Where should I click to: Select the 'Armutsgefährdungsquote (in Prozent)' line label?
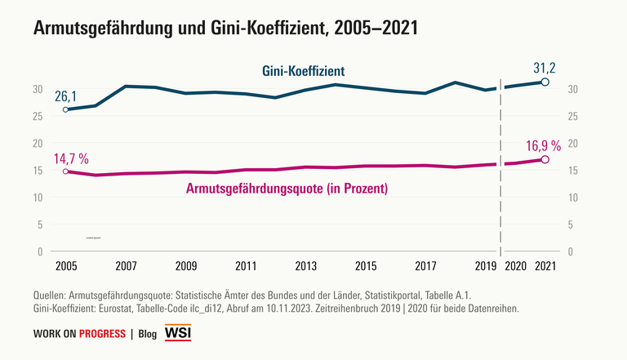[x=287, y=189]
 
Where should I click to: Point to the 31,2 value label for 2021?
[x=545, y=67]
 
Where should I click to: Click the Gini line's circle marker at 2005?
[x=65, y=109]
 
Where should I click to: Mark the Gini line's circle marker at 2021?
[x=545, y=82]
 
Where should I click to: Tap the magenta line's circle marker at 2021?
[x=545, y=159]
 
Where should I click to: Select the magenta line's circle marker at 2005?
[x=65, y=171]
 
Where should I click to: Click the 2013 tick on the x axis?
[x=306, y=266]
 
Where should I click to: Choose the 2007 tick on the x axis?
[x=126, y=266]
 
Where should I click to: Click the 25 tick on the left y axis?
[x=38, y=116]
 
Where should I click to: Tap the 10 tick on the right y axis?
[x=572, y=197]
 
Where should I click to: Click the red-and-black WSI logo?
[x=178, y=333]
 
